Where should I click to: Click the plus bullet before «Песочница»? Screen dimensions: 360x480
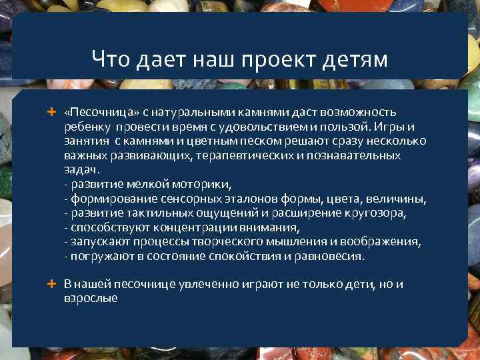tap(51, 111)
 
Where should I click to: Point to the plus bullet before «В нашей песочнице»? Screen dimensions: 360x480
tap(51, 284)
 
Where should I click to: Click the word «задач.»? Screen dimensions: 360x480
tap(81, 170)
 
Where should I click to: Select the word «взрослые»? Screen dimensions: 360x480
tap(91, 299)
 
